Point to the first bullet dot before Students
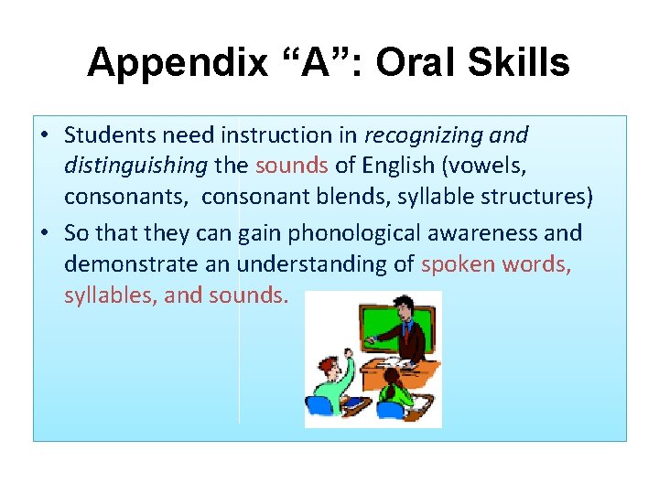point(45,136)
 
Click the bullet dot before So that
point(45,234)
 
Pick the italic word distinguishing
point(135,166)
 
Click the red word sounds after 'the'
point(291,166)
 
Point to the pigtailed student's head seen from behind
point(391,376)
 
